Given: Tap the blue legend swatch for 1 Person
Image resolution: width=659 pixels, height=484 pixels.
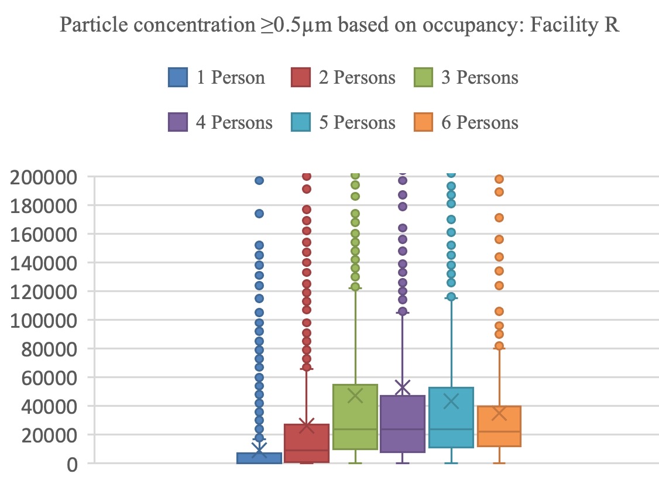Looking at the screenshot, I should (x=177, y=77).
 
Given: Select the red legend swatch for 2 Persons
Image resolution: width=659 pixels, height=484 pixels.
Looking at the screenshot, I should (x=300, y=77).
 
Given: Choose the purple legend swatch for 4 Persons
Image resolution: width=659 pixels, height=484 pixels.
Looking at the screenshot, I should (x=177, y=122).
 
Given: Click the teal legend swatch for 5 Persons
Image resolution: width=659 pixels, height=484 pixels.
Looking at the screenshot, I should (x=300, y=122).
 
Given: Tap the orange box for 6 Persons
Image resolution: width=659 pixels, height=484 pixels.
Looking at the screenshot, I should (x=499, y=426).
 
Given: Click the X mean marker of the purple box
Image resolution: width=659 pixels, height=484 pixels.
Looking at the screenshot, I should (x=403, y=387).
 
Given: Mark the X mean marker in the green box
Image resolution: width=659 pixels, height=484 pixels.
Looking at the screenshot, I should (x=355, y=396).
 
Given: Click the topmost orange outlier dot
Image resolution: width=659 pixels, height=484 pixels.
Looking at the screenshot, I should (x=499, y=179).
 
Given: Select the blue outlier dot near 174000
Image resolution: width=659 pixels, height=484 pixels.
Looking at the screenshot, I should (x=259, y=214).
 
